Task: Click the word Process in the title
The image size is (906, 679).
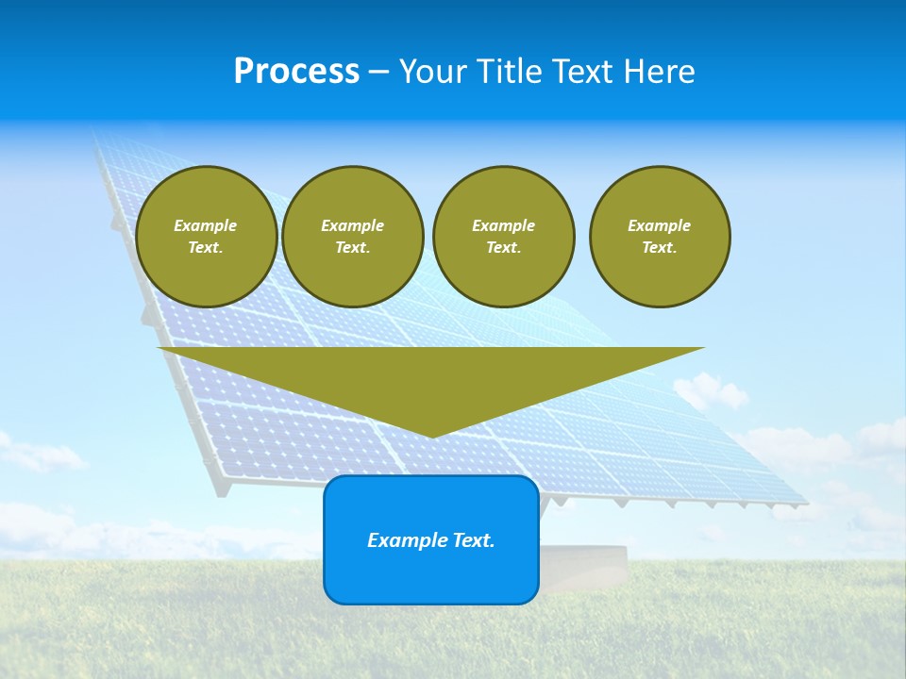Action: coord(296,72)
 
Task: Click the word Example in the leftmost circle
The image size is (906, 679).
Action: coord(206,225)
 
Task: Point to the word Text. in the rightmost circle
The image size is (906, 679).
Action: coord(660,248)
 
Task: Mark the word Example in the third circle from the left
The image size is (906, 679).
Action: coord(504,225)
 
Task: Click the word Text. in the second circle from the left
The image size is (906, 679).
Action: coord(353,248)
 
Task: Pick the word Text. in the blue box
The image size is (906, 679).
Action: coord(475,540)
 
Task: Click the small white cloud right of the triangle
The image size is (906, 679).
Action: coord(710,390)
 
